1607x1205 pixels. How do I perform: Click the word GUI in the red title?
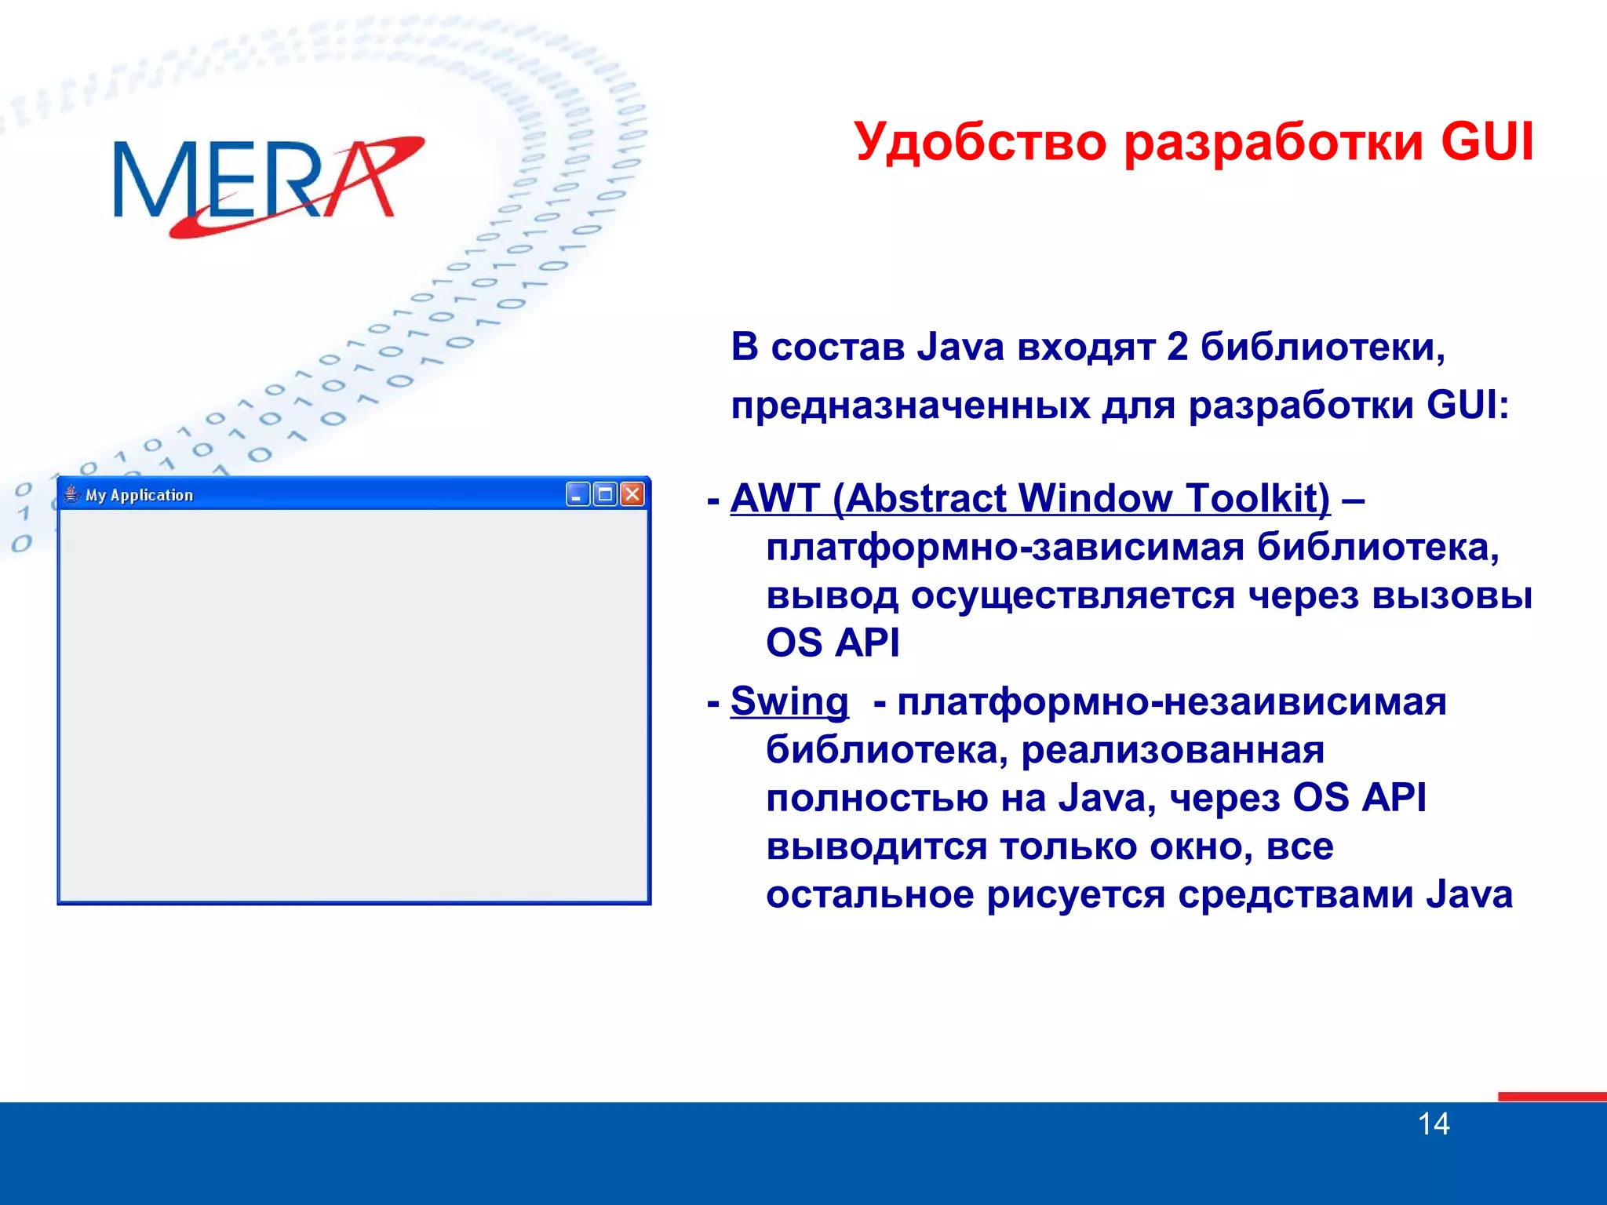click(1486, 143)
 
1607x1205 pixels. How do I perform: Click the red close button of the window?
click(632, 494)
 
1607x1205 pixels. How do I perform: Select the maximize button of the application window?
click(605, 494)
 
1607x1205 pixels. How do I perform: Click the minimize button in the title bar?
click(578, 494)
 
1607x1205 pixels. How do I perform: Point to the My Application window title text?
click(139, 495)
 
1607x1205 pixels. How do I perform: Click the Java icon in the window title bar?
click(72, 494)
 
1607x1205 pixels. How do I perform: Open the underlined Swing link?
click(789, 701)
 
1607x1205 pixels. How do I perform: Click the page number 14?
click(1434, 1124)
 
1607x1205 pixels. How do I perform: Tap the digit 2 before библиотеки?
click(1177, 347)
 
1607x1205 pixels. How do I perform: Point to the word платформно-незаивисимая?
click(1172, 701)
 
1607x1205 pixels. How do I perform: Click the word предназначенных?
click(911, 406)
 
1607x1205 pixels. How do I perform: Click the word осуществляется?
click(1073, 595)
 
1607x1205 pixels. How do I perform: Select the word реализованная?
click(1172, 750)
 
